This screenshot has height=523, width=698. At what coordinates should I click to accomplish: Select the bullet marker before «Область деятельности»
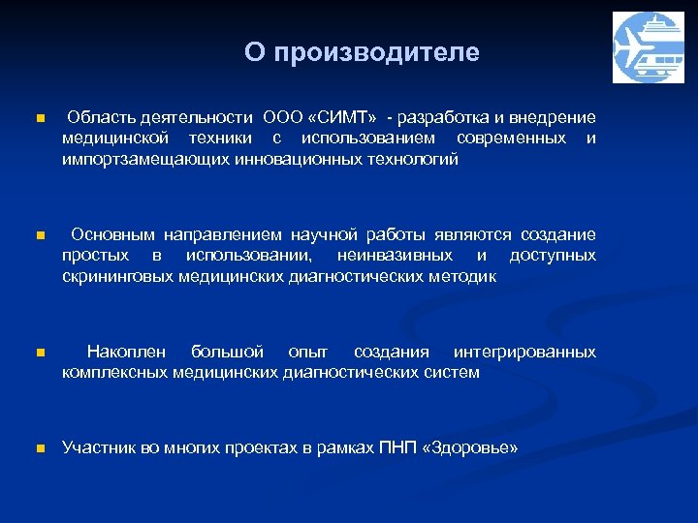point(39,118)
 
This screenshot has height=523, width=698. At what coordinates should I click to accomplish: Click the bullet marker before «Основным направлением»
point(39,235)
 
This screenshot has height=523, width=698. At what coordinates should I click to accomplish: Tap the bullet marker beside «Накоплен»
point(39,354)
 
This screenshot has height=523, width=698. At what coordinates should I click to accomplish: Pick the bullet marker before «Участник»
point(39,448)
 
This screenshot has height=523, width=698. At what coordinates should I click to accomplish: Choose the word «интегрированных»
point(524,352)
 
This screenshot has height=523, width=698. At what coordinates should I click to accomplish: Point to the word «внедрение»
point(557,117)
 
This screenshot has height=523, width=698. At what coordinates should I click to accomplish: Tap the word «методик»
point(464,277)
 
